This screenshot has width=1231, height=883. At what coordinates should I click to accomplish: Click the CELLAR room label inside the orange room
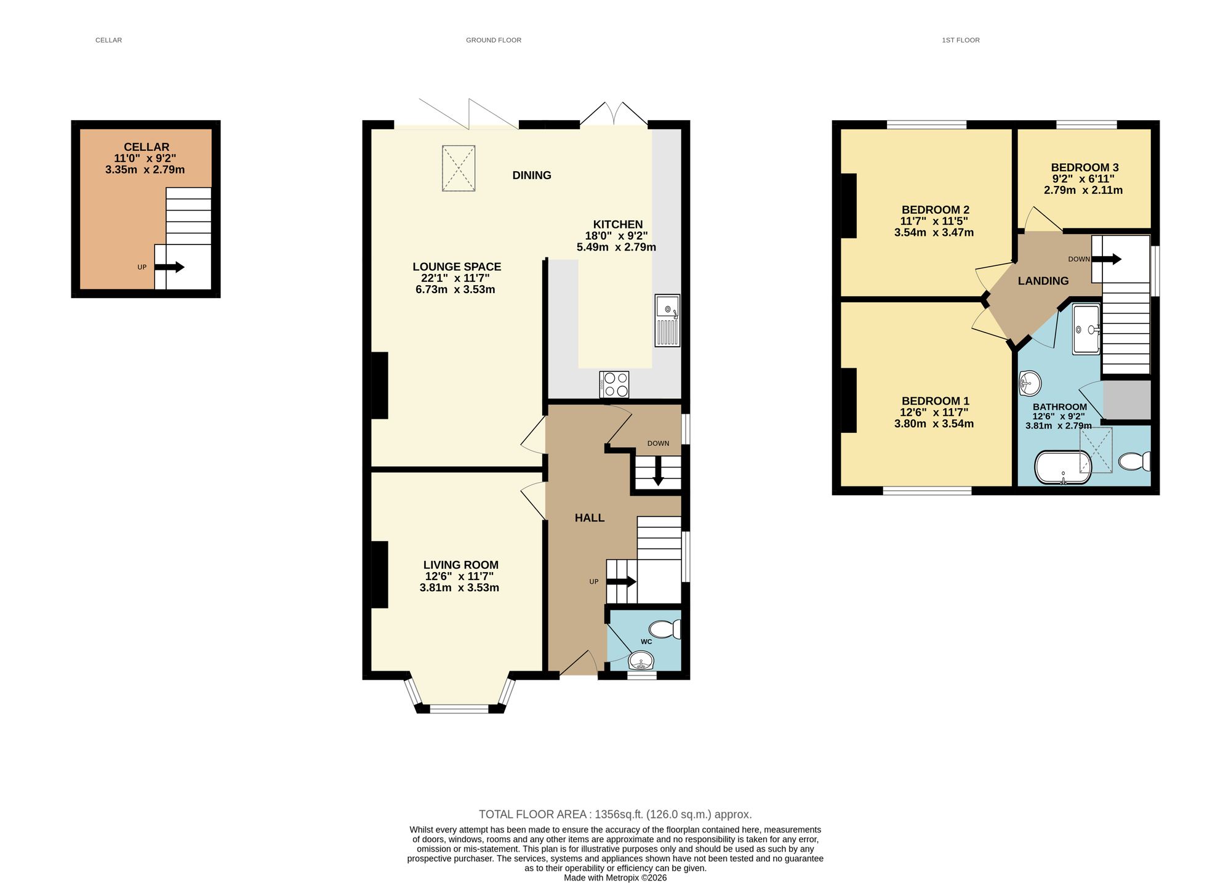point(146,147)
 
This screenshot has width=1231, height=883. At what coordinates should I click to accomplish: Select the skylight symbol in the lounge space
point(459,168)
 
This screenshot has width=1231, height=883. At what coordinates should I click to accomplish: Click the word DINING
point(532,175)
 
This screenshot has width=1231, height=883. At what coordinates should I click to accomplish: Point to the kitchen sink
point(667,320)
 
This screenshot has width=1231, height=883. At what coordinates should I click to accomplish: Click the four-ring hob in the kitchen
point(614,384)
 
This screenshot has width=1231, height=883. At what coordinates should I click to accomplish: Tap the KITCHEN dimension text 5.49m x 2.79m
point(616,248)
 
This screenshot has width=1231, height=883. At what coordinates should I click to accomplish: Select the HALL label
point(590,518)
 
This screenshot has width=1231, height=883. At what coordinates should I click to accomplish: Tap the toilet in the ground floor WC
point(665,629)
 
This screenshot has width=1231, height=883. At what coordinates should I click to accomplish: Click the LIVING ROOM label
point(460,565)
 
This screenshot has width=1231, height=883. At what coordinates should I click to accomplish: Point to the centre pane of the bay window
point(459,709)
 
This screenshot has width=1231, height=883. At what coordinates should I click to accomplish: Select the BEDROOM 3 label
point(1085,167)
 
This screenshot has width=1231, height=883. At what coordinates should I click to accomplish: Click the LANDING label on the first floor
point(1043,281)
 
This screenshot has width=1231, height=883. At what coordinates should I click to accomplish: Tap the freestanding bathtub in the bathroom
point(1063,468)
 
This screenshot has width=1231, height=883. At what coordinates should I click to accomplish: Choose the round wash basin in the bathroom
point(1029,383)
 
